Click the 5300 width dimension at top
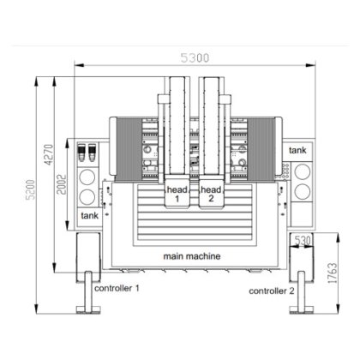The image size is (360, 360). pyautogui.click(x=194, y=58)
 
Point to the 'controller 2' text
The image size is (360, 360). pyautogui.click(x=272, y=291)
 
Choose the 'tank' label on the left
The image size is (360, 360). pyautogui.click(x=89, y=217)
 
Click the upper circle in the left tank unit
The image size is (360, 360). pyautogui.click(x=90, y=177)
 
